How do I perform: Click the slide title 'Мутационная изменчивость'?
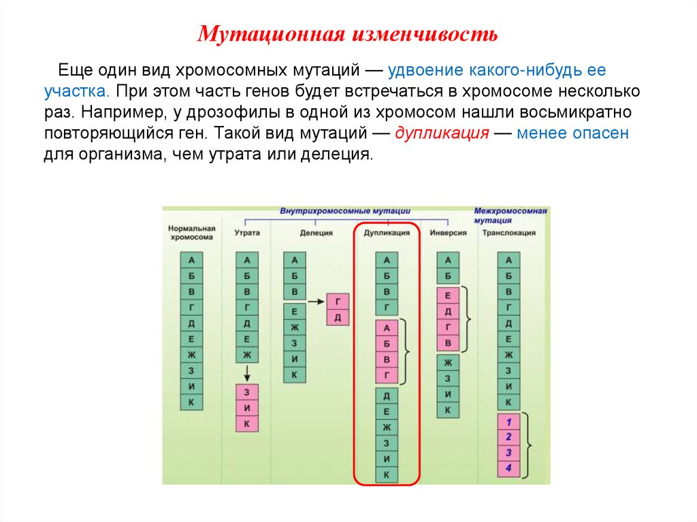(348, 34)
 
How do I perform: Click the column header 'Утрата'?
(247, 233)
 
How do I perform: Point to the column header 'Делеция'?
(317, 233)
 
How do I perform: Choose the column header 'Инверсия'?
(448, 233)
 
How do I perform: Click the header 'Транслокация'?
(508, 233)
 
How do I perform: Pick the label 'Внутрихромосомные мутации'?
(350, 212)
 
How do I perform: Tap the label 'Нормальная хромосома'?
(191, 233)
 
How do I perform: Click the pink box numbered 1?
(508, 421)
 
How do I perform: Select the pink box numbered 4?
(508, 468)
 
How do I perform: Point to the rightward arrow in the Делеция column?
(314, 300)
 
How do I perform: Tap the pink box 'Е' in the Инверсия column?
(447, 296)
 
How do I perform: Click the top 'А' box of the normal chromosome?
(191, 259)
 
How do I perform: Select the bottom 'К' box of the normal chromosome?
(191, 402)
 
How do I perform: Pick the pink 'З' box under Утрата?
(247, 392)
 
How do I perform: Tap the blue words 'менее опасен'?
(572, 133)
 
